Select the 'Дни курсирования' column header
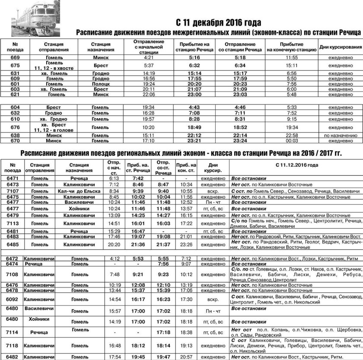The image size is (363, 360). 340,47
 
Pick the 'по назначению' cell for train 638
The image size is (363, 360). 339,136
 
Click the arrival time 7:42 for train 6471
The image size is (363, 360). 137,178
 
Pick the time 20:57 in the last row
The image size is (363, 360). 186,357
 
